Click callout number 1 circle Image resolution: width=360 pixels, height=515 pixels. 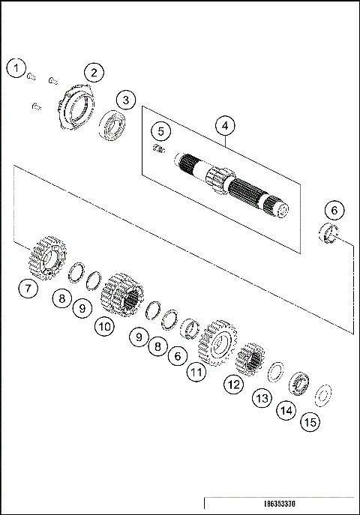click(x=16, y=68)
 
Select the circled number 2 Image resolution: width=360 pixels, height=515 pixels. click(x=94, y=73)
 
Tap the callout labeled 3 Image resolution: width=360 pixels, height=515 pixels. click(x=125, y=100)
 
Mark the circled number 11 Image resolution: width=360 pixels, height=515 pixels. click(x=196, y=370)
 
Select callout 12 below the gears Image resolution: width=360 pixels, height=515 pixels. click(x=234, y=385)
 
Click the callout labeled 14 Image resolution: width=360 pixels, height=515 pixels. click(x=285, y=410)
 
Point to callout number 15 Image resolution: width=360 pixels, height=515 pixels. click(x=309, y=423)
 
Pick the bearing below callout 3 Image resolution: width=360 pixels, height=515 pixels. click(x=113, y=125)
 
